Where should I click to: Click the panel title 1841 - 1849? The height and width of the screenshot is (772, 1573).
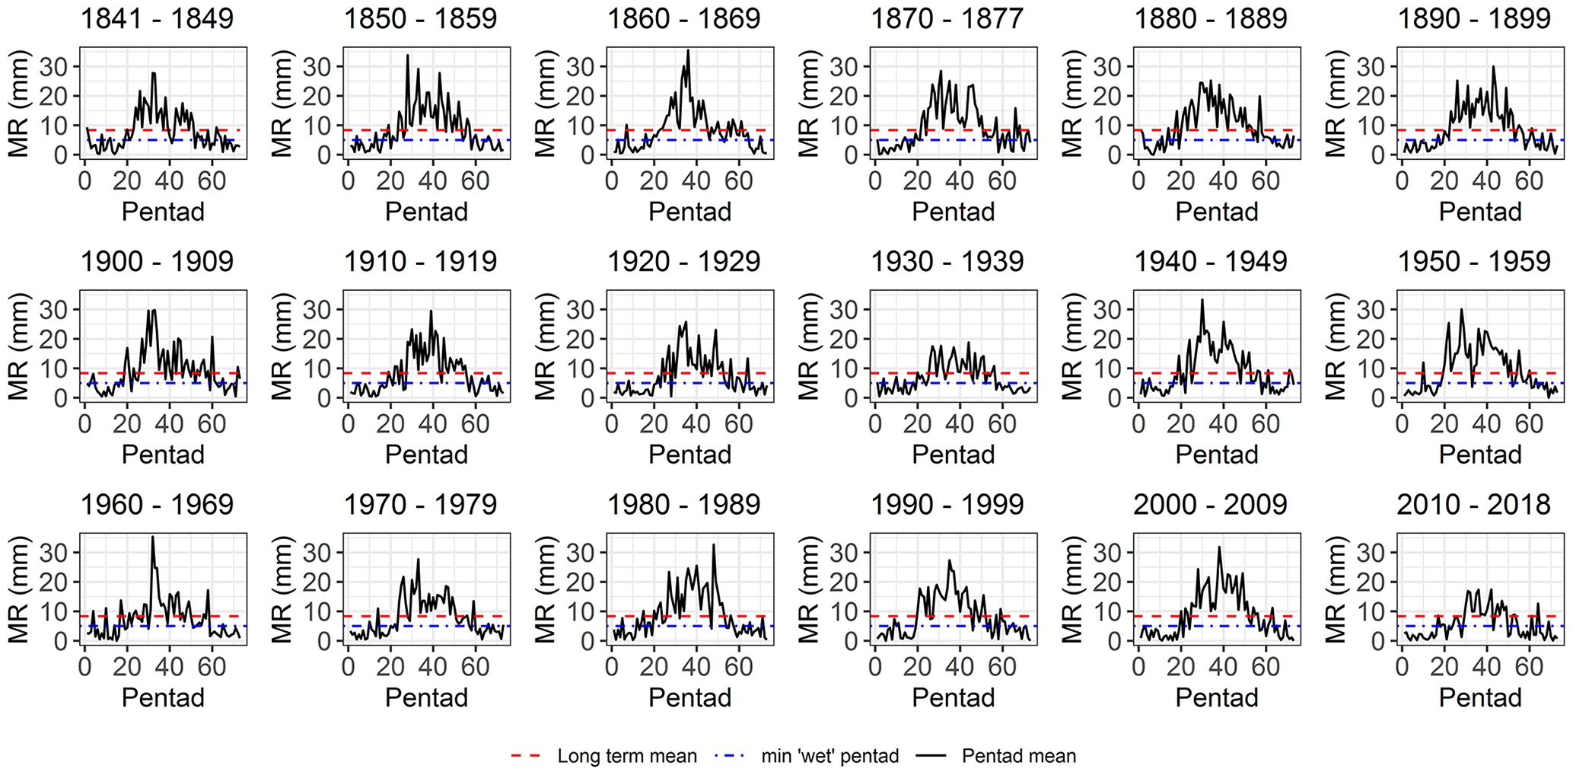[157, 19]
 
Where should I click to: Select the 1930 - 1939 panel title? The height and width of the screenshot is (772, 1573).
[947, 262]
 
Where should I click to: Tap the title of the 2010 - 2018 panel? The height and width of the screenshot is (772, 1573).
[1473, 505]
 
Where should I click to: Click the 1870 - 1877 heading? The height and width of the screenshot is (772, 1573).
[947, 19]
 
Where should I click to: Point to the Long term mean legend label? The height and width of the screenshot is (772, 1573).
[627, 756]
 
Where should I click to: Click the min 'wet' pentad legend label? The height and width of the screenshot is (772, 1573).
[830, 756]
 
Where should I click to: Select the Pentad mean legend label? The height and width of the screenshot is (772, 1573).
[1019, 756]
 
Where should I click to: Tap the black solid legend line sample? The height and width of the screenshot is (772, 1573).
[931, 756]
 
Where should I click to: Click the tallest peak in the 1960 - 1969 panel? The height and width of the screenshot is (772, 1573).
[152, 537]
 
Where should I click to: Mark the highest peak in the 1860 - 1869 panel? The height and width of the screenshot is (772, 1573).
[688, 51]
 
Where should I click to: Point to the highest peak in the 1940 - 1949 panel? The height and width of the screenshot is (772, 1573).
[1202, 299]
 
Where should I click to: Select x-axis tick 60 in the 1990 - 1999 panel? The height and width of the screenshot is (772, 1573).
[1002, 668]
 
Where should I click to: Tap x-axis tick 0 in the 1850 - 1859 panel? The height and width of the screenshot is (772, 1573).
[348, 181]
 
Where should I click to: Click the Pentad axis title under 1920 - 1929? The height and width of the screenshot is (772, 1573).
[689, 455]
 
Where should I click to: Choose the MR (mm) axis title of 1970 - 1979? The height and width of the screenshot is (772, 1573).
[282, 589]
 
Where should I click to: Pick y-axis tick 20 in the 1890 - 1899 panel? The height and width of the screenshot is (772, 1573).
[1377, 96]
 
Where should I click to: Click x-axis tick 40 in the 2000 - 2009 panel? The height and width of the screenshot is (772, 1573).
[1223, 668]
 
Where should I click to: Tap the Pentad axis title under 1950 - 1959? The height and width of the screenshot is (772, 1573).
[1479, 455]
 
